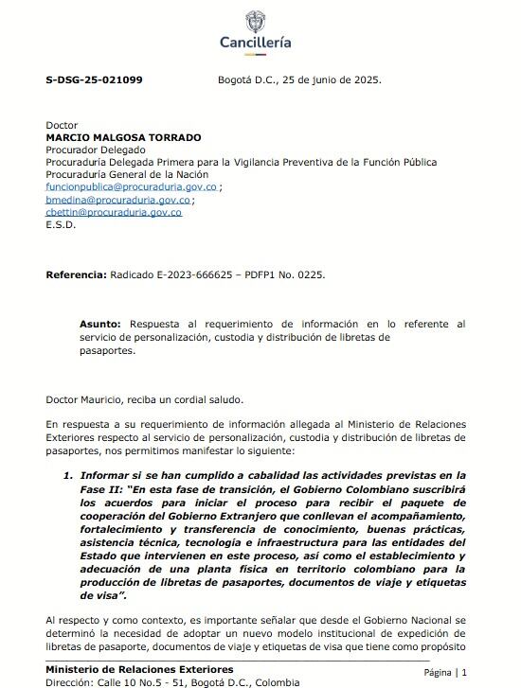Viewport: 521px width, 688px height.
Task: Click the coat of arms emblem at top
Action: pyautogui.click(x=256, y=20)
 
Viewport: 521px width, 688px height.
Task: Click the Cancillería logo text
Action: pyautogui.click(x=256, y=43)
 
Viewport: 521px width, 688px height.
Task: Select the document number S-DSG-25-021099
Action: pyautogui.click(x=94, y=80)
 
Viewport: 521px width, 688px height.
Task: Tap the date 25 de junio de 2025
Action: pyautogui.click(x=332, y=80)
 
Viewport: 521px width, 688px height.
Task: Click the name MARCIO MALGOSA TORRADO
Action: pyautogui.click(x=123, y=137)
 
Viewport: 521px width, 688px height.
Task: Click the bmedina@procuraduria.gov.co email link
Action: pyautogui.click(x=118, y=200)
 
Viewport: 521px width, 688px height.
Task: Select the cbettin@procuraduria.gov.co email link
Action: pyautogui.click(x=114, y=212)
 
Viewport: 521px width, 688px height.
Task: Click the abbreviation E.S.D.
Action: pyautogui.click(x=61, y=225)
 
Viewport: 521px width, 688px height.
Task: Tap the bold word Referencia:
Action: pyautogui.click(x=76, y=274)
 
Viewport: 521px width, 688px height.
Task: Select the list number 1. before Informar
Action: pyautogui.click(x=68, y=474)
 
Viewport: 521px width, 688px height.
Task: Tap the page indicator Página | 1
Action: pyautogui.click(x=445, y=672)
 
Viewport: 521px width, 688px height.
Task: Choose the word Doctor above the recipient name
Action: pyautogui.click(x=62, y=125)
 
